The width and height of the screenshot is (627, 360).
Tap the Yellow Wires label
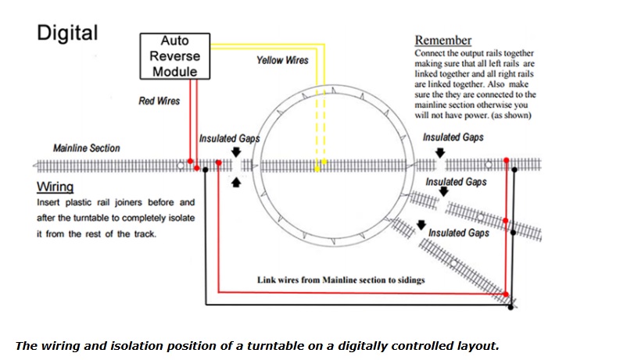click(x=282, y=60)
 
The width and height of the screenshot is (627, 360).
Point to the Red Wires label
click(x=159, y=101)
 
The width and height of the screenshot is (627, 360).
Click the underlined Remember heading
click(x=442, y=40)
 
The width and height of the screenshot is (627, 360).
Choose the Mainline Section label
click(x=87, y=148)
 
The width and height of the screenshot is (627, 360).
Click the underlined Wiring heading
click(x=55, y=187)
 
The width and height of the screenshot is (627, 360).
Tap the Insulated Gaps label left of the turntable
click(x=229, y=138)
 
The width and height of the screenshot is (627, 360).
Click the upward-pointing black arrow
click(x=237, y=182)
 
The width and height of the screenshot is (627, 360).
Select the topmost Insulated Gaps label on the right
click(x=453, y=137)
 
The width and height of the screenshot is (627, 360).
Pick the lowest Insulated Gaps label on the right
click(x=459, y=233)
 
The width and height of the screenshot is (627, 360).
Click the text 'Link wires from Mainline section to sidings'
click(x=341, y=279)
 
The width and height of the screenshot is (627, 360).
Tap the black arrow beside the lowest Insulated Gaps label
click(x=422, y=225)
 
